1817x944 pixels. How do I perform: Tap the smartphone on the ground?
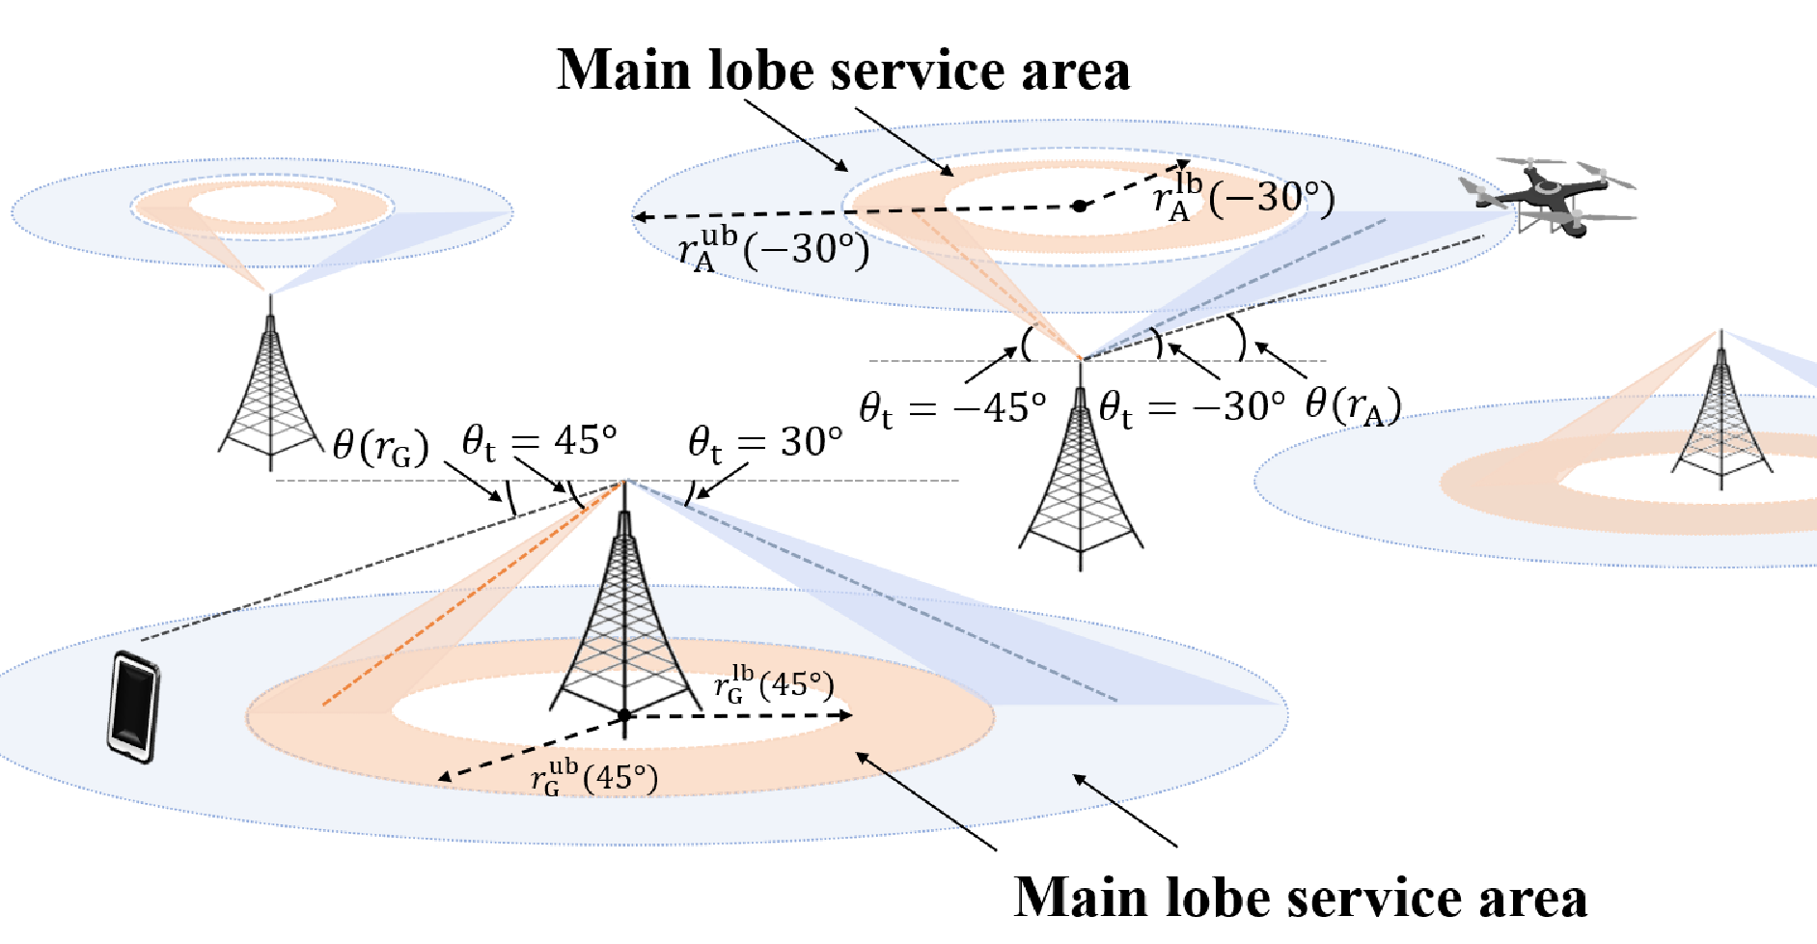(x=133, y=707)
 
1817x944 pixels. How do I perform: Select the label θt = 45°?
(x=538, y=442)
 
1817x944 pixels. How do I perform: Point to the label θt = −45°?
(x=953, y=409)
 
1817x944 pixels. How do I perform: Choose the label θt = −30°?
(x=1193, y=407)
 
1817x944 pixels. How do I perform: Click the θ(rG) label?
(x=380, y=446)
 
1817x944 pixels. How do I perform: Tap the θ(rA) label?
(x=1353, y=405)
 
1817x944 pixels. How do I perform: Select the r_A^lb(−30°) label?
(x=1244, y=197)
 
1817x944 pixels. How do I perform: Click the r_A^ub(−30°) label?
(x=774, y=248)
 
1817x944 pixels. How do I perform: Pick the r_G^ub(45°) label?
(x=594, y=776)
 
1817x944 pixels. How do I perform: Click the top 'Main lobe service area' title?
(x=843, y=70)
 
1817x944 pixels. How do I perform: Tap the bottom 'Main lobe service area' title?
(x=1301, y=897)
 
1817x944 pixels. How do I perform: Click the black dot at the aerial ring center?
(x=1080, y=206)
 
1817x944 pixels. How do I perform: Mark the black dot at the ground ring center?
(x=624, y=715)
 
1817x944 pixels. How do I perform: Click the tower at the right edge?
(x=1722, y=410)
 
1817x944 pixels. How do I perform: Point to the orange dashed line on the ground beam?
(x=474, y=593)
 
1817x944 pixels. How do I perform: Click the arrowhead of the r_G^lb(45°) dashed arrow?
(x=846, y=715)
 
